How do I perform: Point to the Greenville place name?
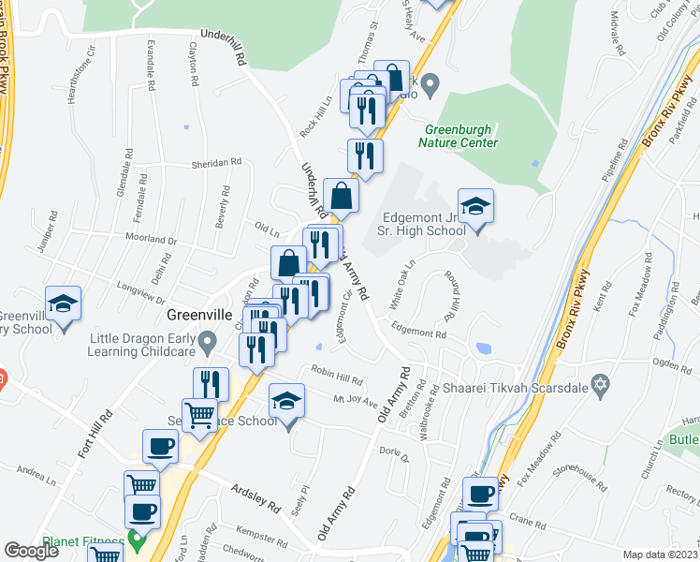coord(198,316)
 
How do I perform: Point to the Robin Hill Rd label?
coord(337,375)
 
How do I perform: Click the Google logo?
coord(32,550)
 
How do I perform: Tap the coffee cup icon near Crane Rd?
coord(481,495)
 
